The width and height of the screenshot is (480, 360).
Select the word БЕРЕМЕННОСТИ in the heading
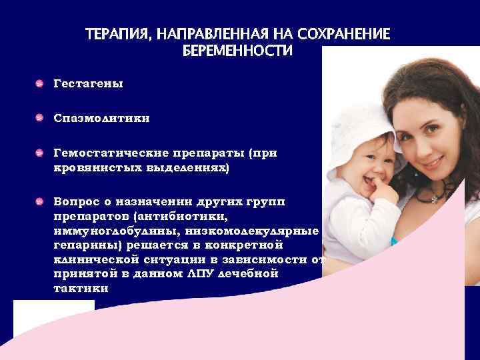[237, 51]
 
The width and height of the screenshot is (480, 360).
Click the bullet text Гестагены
[89, 84]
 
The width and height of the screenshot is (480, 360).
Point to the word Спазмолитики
[102, 119]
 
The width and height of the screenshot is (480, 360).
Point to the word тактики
[79, 288]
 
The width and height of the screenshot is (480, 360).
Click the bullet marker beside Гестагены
[41, 84]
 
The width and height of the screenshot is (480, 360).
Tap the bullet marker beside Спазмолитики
[41, 119]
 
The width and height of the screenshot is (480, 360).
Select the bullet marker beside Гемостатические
[41, 153]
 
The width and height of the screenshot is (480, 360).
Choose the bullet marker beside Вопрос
[41, 200]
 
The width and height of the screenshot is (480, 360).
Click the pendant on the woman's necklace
[436, 199]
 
